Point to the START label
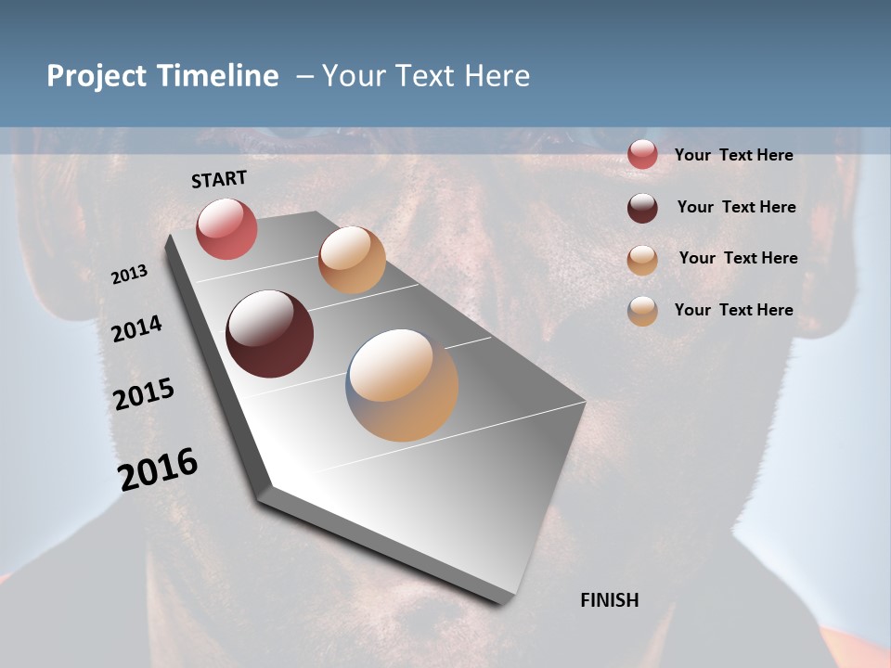coord(219,179)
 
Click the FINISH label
coord(609,600)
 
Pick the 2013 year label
coord(129,275)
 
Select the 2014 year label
coord(136,328)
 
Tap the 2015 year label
coord(144,394)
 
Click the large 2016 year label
coord(158,469)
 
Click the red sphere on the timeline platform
coord(226,228)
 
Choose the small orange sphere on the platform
coord(352,260)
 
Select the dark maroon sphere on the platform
coord(269,334)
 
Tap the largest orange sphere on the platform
coord(402,385)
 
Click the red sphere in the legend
coord(642,155)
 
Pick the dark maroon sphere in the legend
coord(642,208)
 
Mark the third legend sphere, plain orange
coord(642,260)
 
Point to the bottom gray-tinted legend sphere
coord(642,311)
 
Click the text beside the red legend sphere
coord(733,155)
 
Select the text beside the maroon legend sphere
coord(736,207)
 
